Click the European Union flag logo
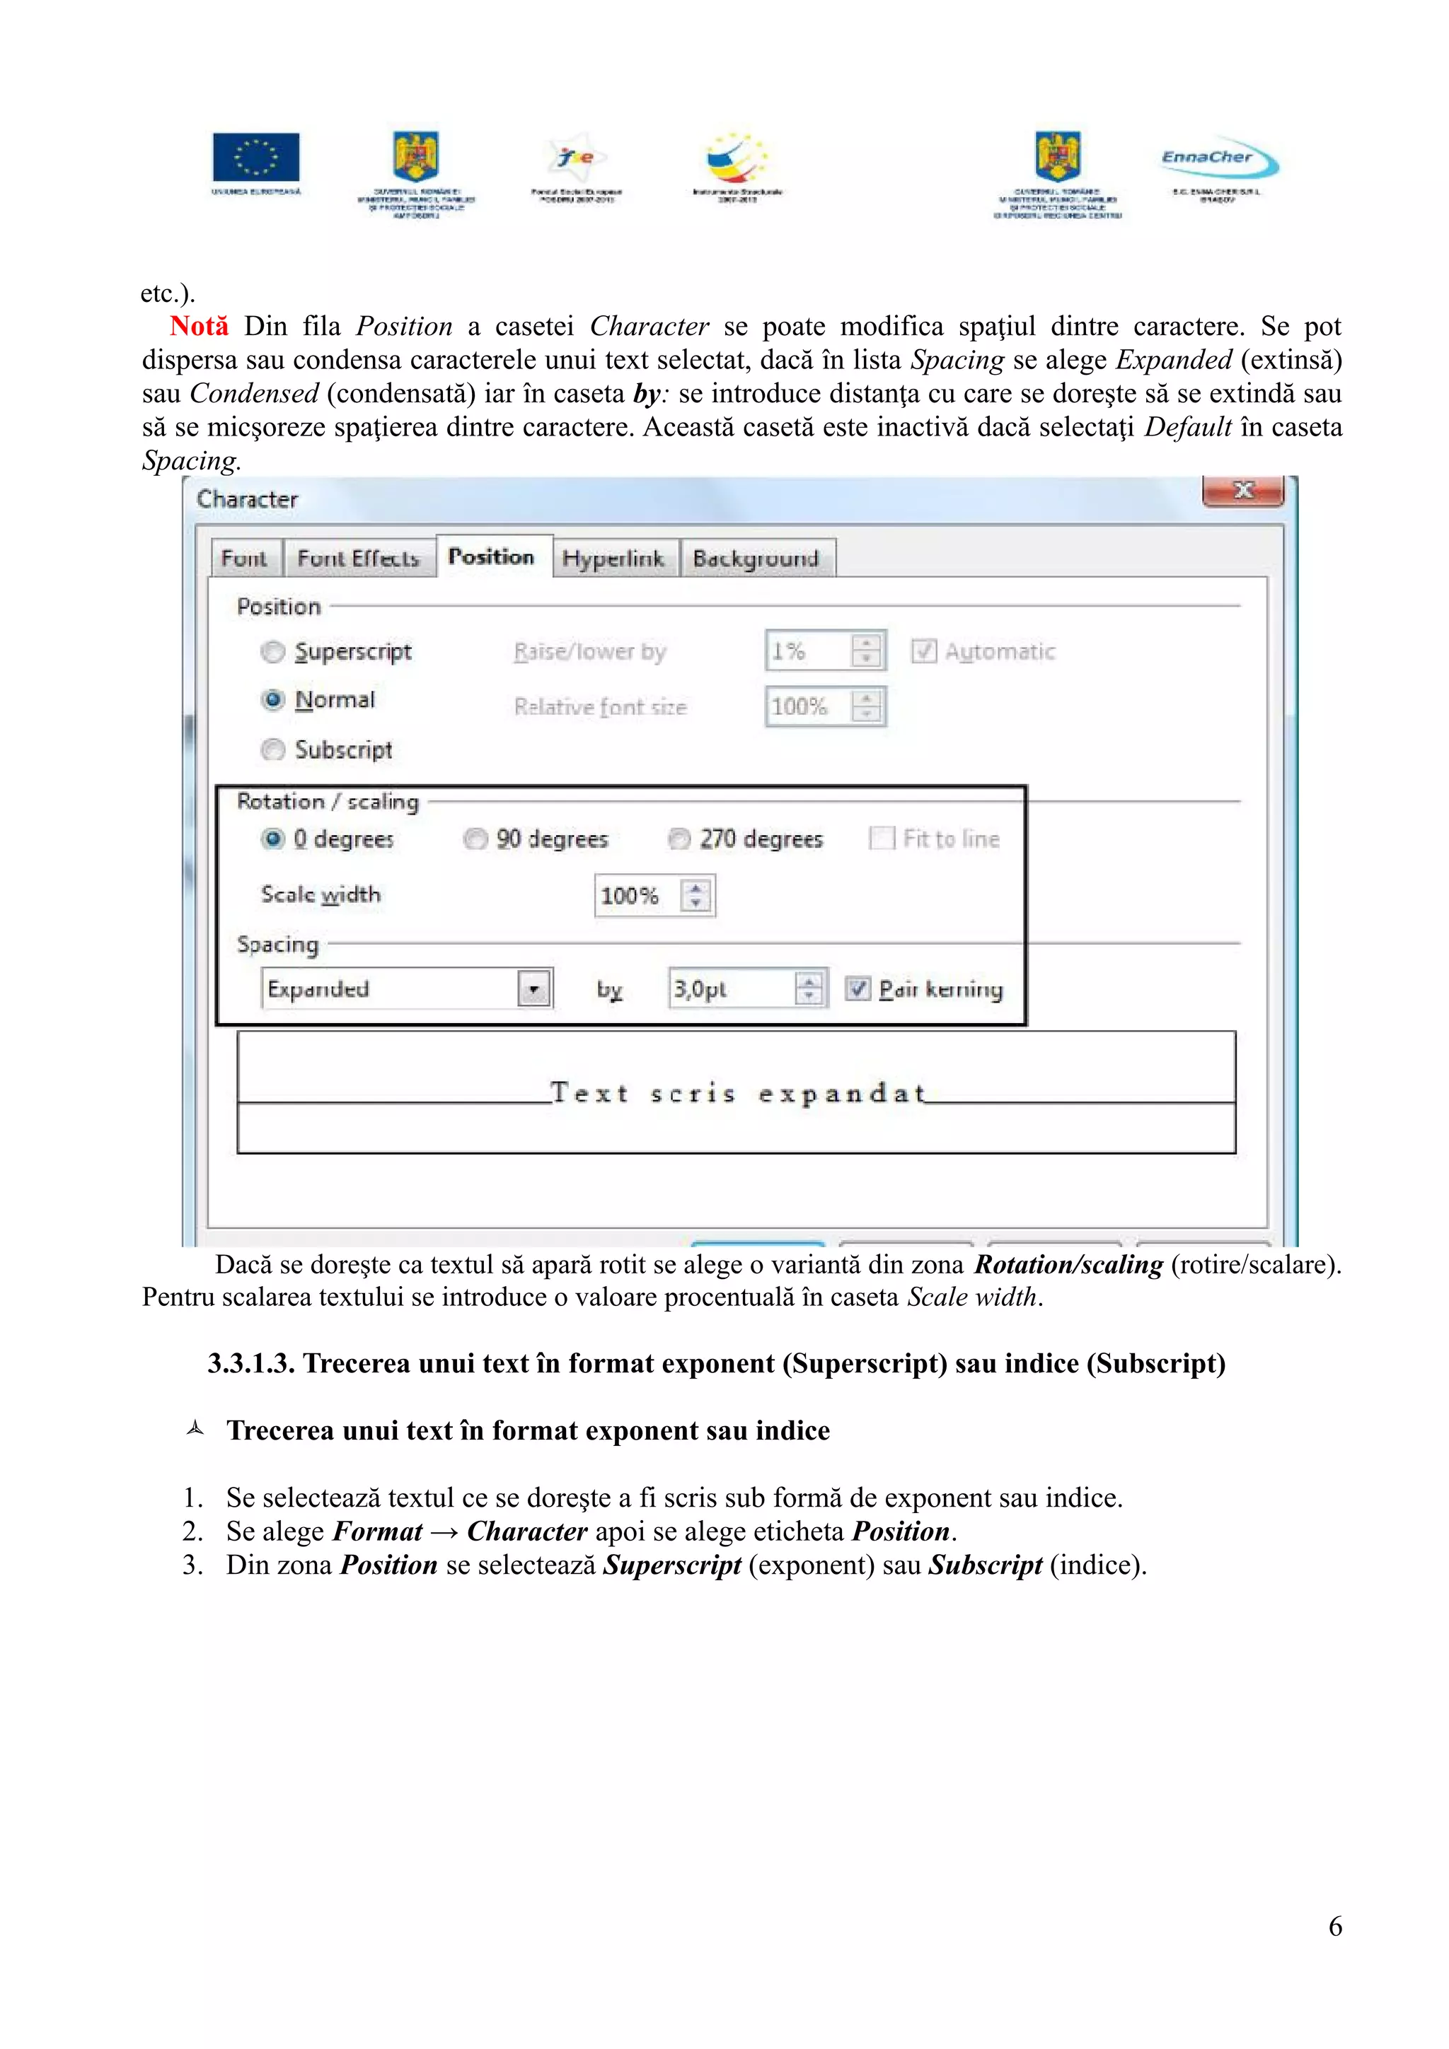tap(255, 157)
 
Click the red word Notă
tap(199, 327)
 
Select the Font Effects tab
tap(358, 559)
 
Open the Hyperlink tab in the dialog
tap(613, 559)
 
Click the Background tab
tap(756, 559)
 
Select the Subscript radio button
tap(273, 749)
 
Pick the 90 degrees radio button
tap(475, 839)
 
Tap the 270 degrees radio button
tap(679, 839)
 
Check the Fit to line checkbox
tap(881, 838)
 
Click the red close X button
tap(1243, 490)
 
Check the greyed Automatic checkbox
tap(923, 651)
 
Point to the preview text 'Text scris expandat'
tap(737, 1093)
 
